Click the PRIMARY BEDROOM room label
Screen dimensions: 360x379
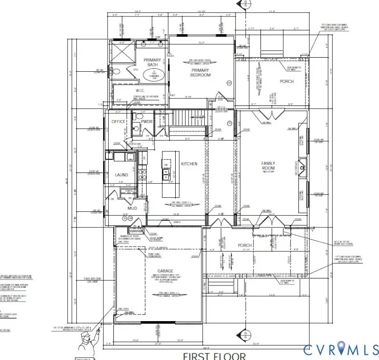(200, 73)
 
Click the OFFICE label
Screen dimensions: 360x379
(118, 122)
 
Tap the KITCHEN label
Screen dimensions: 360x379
(189, 164)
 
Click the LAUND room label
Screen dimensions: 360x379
(121, 175)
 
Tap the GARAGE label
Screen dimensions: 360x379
(165, 271)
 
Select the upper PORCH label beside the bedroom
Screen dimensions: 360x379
(287, 82)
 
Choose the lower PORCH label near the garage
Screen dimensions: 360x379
(245, 245)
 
